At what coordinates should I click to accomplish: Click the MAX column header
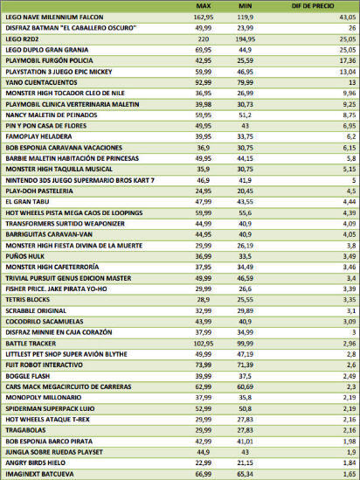pyautogui.click(x=204, y=6)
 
